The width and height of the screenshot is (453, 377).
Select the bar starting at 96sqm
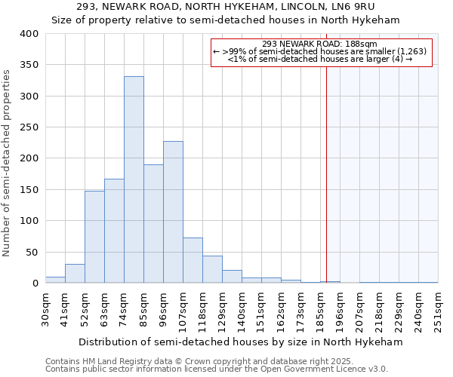173,212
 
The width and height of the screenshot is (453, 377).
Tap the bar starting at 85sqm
153,224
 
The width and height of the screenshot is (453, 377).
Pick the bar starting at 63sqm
114,231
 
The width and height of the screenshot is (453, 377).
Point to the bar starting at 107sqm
193,260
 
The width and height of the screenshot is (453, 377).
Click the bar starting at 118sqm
212,269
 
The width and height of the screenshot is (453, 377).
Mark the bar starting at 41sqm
75,274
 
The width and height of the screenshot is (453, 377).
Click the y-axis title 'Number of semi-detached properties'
8,162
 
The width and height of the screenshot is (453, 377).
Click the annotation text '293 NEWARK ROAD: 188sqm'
320,44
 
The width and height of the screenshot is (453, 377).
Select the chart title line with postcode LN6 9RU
226,7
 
